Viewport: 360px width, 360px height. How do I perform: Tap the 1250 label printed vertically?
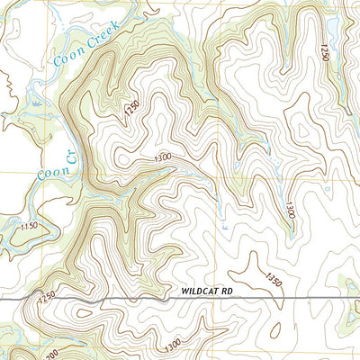coord(326,51)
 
